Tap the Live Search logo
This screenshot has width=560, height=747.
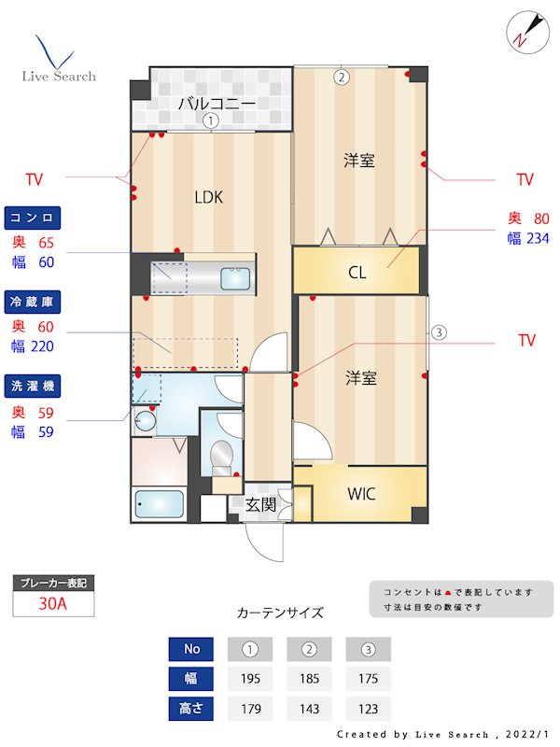point(58,61)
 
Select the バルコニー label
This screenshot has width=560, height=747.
point(217,103)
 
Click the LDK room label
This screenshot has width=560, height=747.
point(208,197)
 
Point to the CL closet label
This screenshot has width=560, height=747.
point(357,273)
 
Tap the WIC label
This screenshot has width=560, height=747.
point(361,493)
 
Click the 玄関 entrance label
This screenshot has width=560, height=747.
point(260,505)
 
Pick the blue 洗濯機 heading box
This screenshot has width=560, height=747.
point(34,386)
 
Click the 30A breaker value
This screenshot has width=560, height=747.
point(53,603)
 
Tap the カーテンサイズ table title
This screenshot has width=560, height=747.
point(280,613)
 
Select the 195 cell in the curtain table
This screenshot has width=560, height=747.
point(249,679)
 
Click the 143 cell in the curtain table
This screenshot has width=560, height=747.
point(309,709)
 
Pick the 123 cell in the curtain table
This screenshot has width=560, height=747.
point(368,709)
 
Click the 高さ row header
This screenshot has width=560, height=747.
point(191,709)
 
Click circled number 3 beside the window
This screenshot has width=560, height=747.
point(440,331)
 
